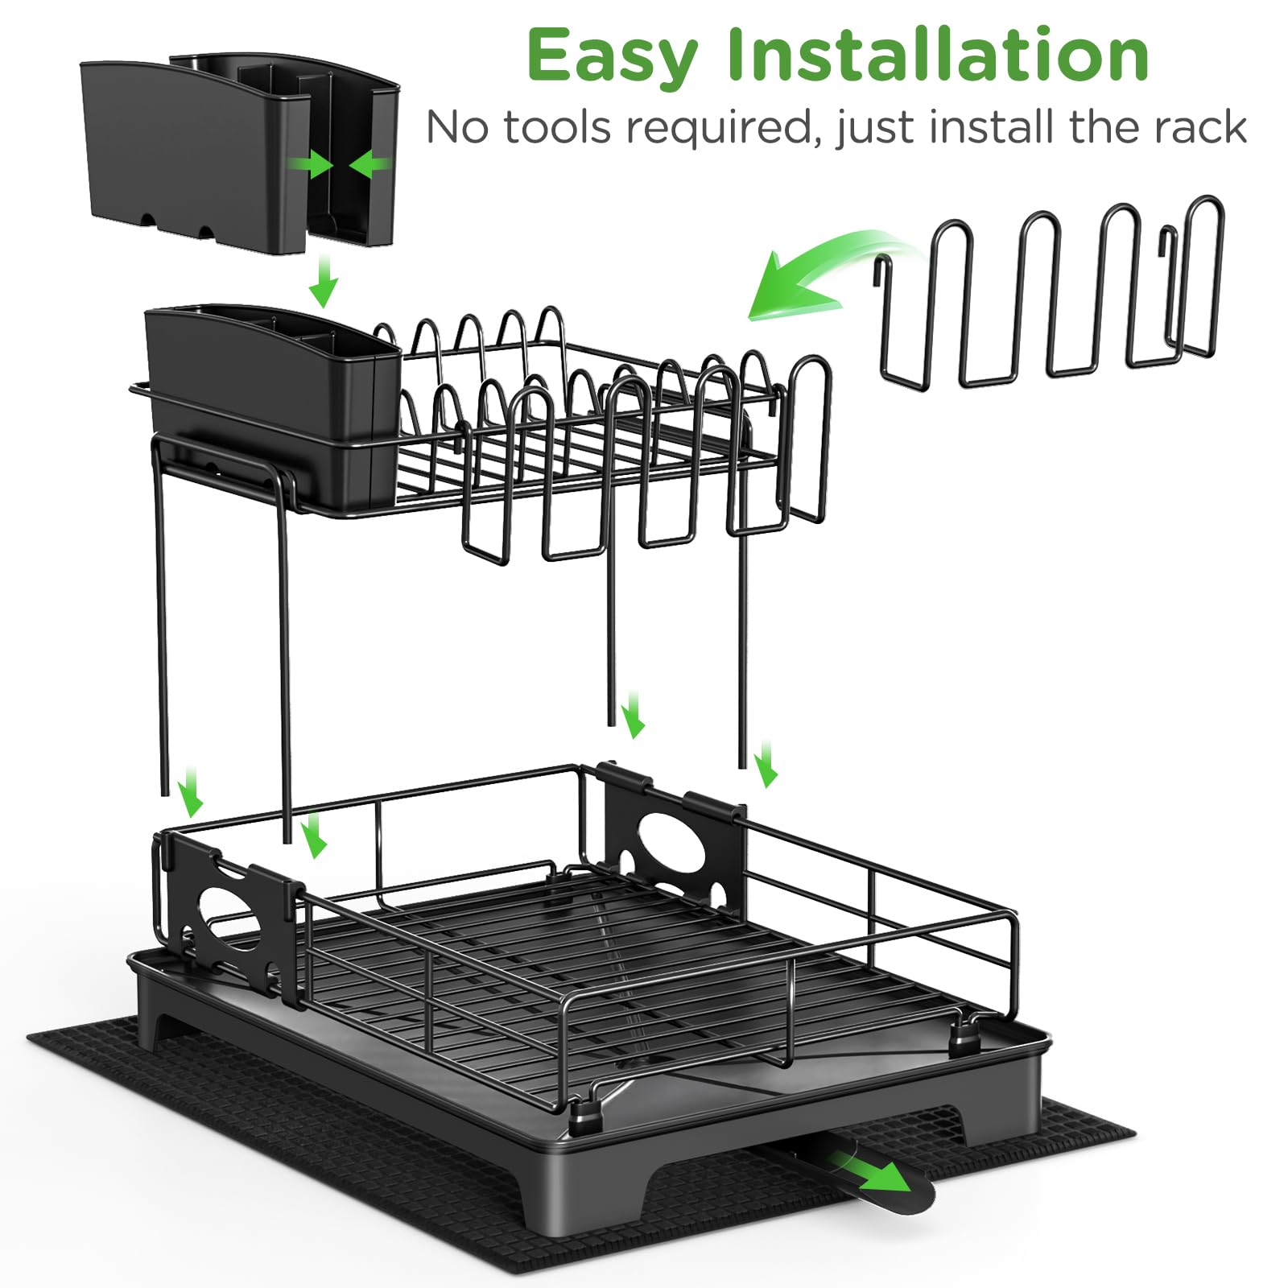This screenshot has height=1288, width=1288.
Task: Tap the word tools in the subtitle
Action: click(x=556, y=127)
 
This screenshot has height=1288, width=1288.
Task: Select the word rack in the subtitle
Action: click(x=1200, y=127)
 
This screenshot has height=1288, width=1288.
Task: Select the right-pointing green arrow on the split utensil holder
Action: click(x=312, y=165)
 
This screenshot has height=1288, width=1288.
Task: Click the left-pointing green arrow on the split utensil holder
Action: click(x=371, y=165)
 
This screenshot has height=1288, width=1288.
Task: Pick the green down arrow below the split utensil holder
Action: click(x=324, y=281)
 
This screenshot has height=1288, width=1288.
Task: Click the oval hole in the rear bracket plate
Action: click(x=672, y=845)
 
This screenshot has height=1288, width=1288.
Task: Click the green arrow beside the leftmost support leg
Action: click(x=192, y=792)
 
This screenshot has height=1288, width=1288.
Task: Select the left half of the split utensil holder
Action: click(x=193, y=153)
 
